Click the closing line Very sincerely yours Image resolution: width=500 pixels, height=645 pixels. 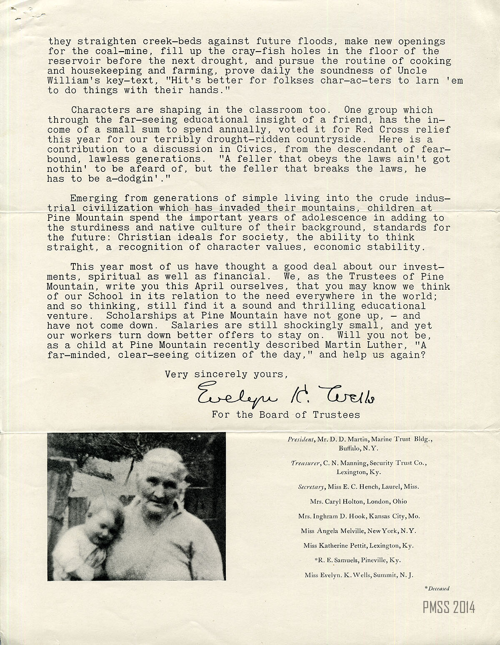[226, 374]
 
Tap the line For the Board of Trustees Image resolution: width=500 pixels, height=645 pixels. [286, 414]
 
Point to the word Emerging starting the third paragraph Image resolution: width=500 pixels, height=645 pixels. [94, 198]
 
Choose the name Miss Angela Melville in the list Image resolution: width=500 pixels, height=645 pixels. [334, 531]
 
